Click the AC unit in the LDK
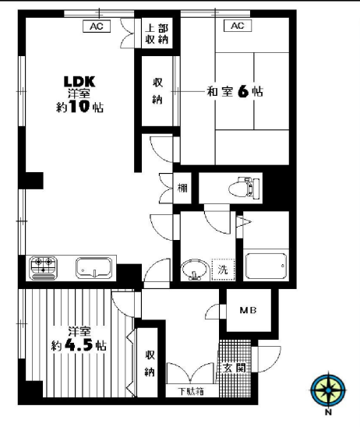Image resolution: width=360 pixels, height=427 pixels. coord(97,26)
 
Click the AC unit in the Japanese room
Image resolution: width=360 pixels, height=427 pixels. coord(238,26)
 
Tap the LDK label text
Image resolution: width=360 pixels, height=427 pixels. coord(79,81)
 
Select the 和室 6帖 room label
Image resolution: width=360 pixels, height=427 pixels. coord(235,91)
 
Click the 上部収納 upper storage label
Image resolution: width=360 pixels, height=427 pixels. coord(157,34)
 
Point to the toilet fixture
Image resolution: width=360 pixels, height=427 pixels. coord(244,187)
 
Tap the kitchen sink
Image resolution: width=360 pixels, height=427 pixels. coord(94,268)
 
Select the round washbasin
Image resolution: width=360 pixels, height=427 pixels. coord(195,270)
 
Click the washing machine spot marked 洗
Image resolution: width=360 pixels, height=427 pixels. coord(223,270)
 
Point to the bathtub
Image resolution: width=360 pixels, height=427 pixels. coord(266,266)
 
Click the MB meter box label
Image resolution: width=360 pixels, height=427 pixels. coord(248,310)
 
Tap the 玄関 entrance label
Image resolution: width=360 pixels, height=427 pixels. coord(235,368)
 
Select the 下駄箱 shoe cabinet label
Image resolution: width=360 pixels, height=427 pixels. coord(191,391)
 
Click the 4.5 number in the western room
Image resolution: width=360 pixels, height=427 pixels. coord(79,345)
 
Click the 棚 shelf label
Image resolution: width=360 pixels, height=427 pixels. coord(182,188)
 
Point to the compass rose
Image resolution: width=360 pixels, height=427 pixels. coord(328,390)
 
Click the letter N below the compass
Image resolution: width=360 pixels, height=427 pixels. coord(328,412)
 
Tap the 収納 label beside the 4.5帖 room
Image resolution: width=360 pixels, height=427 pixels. coord(150,363)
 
